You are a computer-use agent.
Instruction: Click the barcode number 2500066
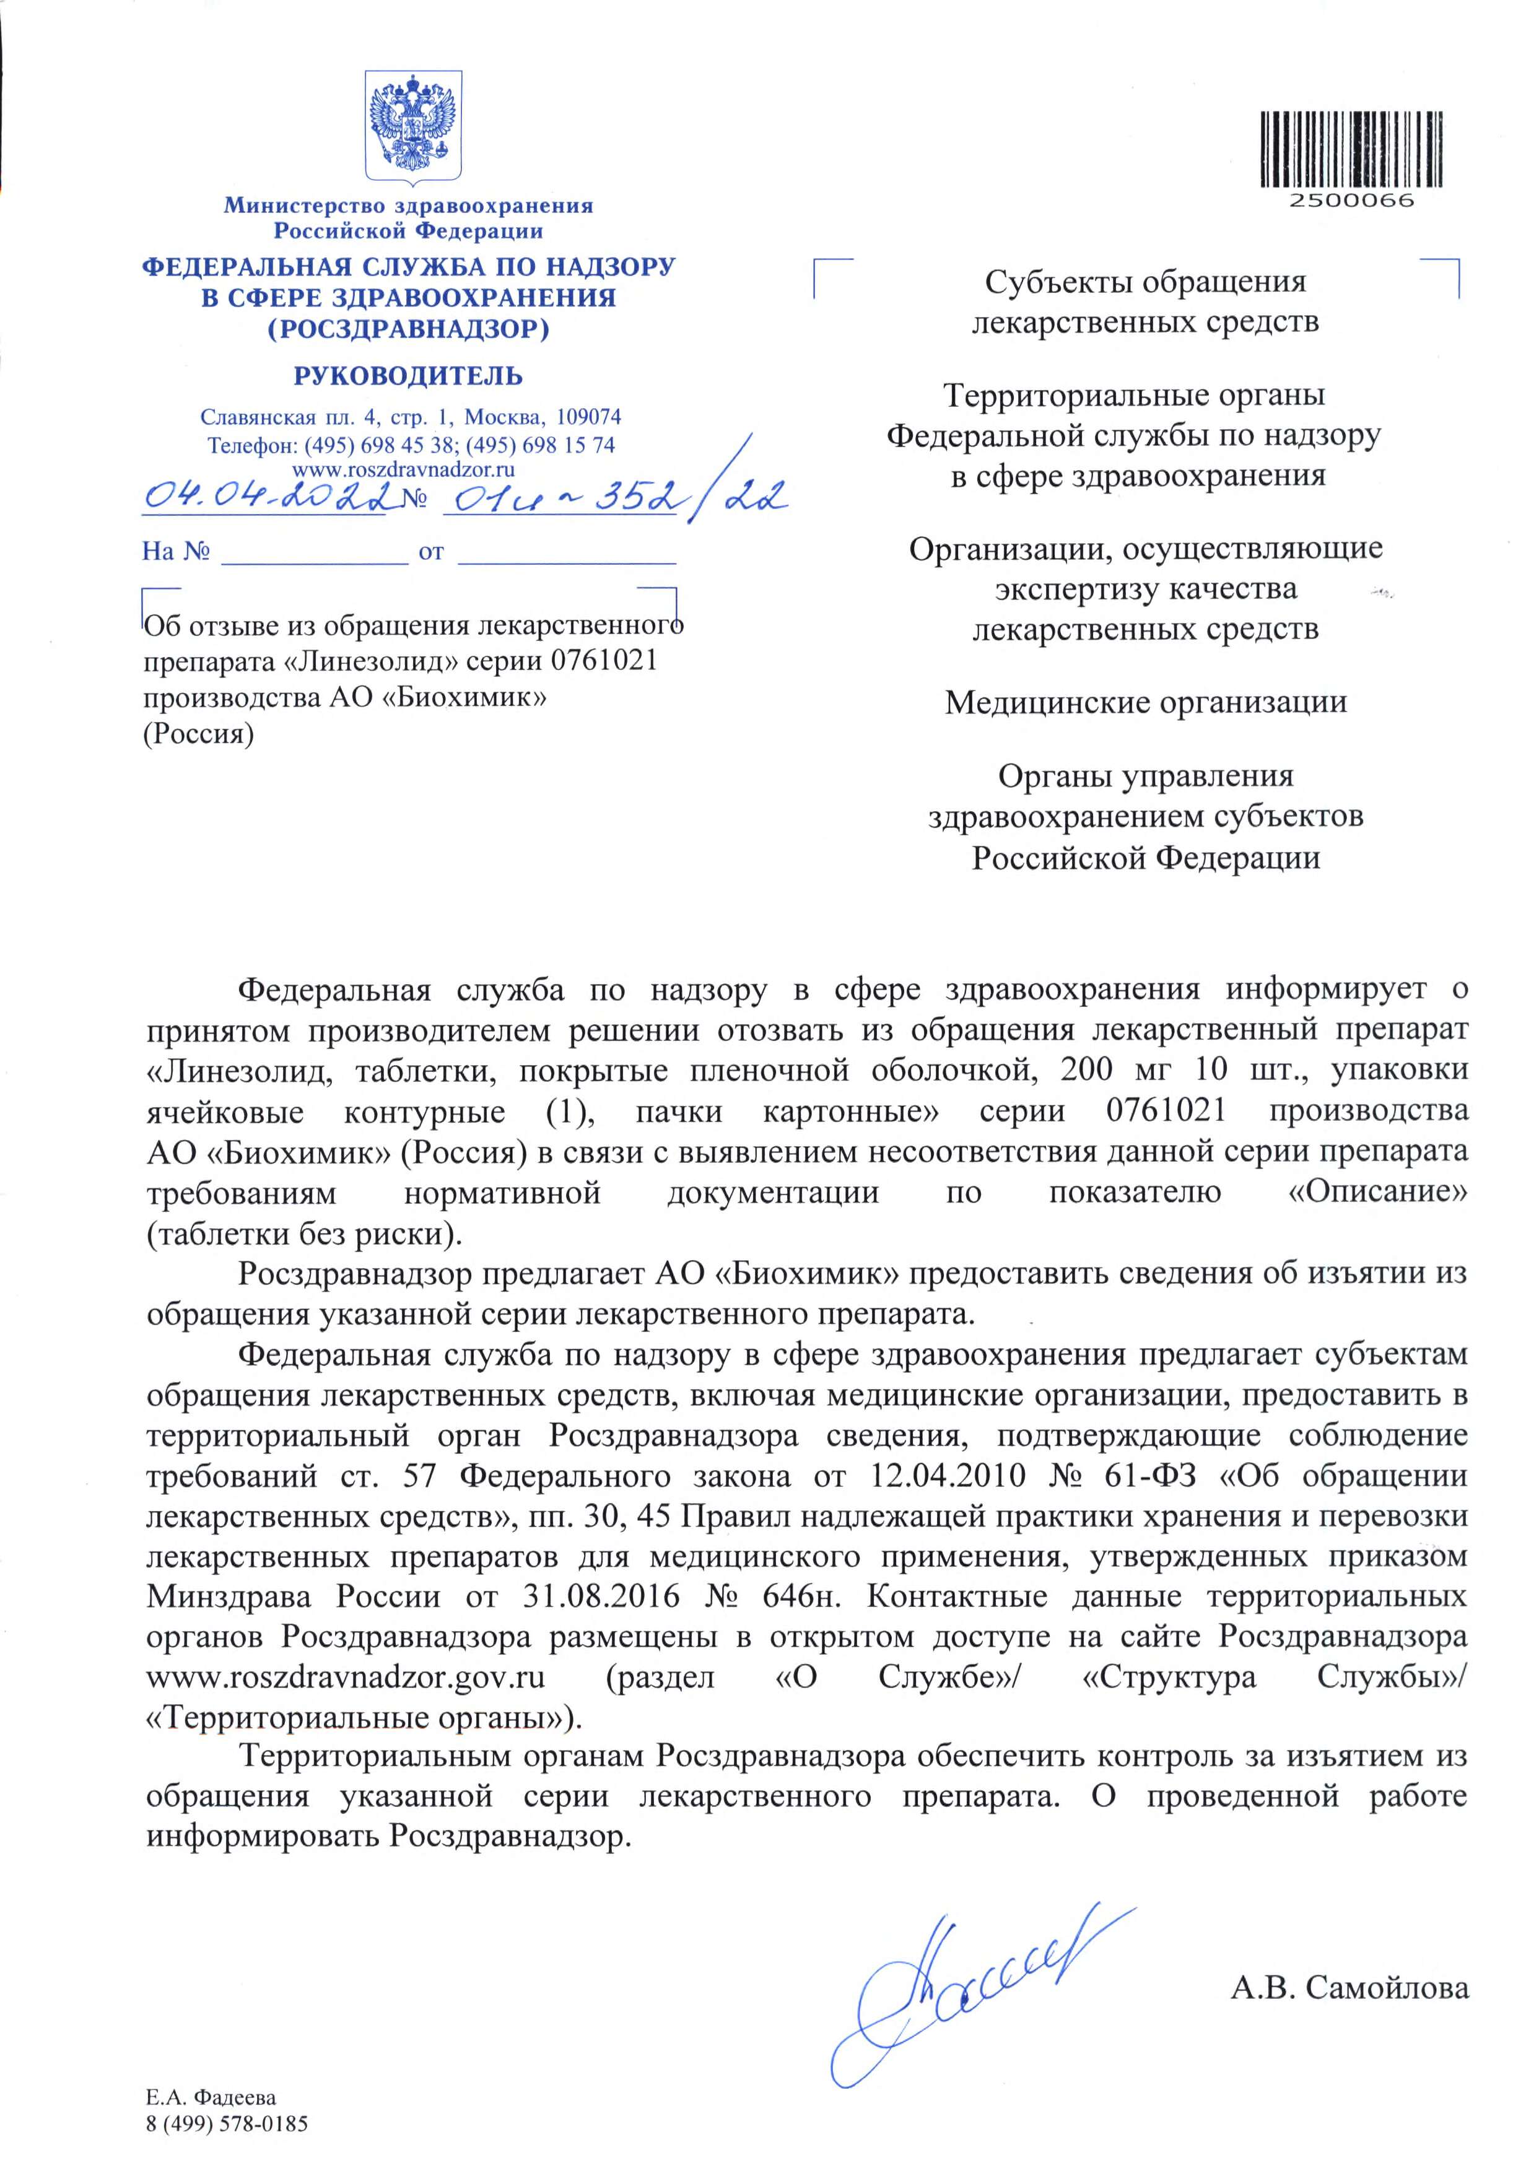tap(1351, 200)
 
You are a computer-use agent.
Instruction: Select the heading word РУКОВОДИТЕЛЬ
tap(408, 376)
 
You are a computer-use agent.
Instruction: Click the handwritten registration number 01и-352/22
tap(614, 493)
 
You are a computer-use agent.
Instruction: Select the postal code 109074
tap(589, 416)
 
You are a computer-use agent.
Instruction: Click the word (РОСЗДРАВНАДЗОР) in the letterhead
tap(408, 329)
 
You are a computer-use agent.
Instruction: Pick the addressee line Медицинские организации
tap(1146, 702)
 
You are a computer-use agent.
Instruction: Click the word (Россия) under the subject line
tap(198, 734)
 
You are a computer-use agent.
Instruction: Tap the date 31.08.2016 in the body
tap(601, 1596)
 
